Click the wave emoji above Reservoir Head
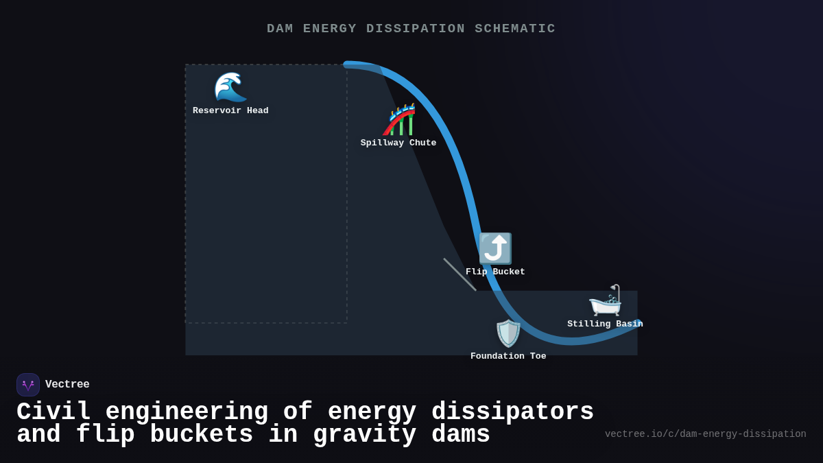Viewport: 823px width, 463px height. click(x=230, y=87)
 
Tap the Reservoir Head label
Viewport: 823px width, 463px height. click(x=230, y=111)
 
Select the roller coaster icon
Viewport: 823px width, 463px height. click(x=399, y=120)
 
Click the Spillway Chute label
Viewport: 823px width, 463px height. click(x=398, y=143)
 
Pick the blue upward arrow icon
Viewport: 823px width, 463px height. click(x=495, y=248)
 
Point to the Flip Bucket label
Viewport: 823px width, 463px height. click(x=495, y=272)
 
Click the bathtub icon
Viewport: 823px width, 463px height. click(x=605, y=300)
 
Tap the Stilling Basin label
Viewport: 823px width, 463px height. click(x=605, y=324)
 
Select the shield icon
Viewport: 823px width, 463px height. click(x=508, y=333)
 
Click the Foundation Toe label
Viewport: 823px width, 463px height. click(x=508, y=357)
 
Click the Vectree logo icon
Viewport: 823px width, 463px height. click(x=28, y=385)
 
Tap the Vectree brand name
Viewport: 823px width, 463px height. click(x=67, y=385)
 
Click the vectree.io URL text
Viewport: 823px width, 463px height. click(x=705, y=434)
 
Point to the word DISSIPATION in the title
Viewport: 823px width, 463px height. click(x=416, y=29)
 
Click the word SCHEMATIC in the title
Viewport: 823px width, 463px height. click(x=515, y=29)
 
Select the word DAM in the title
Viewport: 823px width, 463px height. click(x=280, y=29)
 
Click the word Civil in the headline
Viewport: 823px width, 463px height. click(x=53, y=412)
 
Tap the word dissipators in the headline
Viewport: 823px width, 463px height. click(x=512, y=412)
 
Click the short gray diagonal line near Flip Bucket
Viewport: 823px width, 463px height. click(x=460, y=274)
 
